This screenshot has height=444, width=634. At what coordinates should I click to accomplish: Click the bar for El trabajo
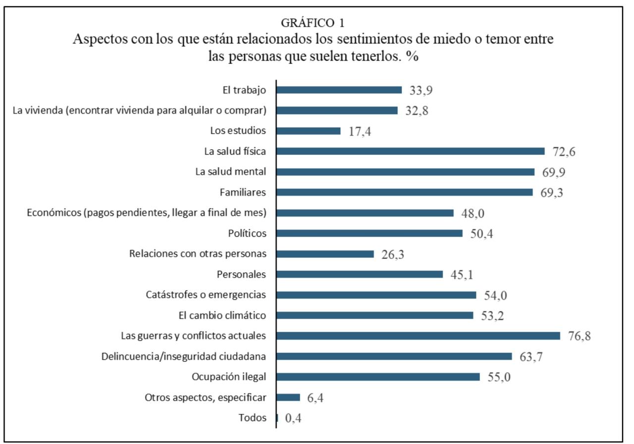(339, 90)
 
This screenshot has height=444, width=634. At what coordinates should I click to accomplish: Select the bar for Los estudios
(308, 131)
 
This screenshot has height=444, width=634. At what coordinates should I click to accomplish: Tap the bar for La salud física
(410, 151)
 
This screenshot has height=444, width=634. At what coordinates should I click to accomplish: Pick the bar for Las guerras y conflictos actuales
(418, 336)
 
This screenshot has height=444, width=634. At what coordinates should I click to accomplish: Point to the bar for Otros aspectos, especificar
(288, 397)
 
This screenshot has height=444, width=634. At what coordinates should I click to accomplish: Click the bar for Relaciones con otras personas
(325, 254)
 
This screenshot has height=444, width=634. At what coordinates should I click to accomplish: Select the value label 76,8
(580, 336)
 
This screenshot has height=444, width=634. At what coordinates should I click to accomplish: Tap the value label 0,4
(293, 418)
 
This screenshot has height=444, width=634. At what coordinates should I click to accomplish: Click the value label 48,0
(473, 213)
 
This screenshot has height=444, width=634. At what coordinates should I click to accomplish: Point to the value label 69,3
(552, 193)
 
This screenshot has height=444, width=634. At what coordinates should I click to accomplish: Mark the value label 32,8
(417, 111)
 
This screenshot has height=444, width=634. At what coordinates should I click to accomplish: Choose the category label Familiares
(243, 192)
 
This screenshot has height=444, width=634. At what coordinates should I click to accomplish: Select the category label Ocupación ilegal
(229, 377)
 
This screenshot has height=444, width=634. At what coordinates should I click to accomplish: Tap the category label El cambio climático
(222, 315)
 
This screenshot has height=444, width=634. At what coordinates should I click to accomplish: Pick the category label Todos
(252, 418)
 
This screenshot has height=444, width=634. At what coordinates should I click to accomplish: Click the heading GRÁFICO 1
(313, 23)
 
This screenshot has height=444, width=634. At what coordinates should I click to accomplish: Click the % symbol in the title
(412, 56)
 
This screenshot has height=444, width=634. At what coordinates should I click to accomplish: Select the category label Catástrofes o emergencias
(206, 295)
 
